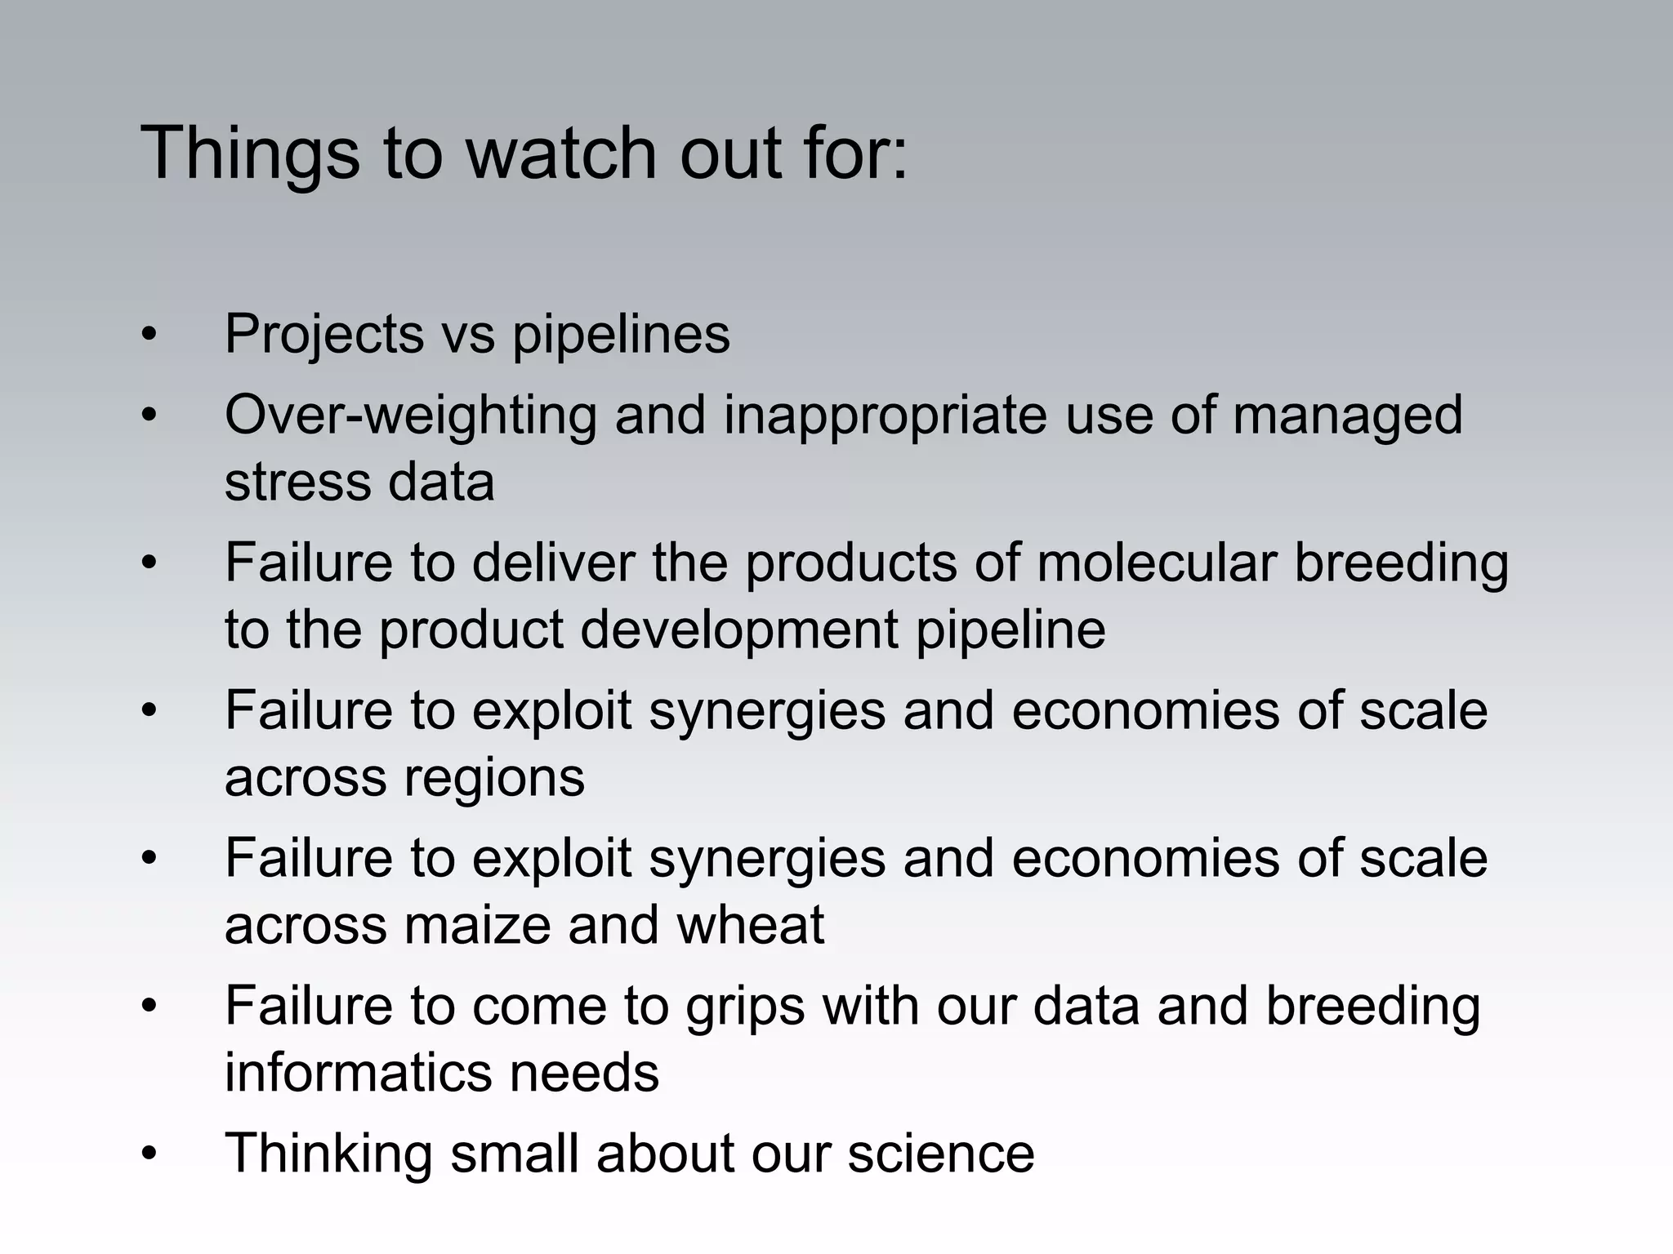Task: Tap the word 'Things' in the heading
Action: point(250,155)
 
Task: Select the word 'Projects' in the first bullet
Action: point(324,335)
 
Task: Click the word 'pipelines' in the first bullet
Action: point(621,335)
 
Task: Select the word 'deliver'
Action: point(553,563)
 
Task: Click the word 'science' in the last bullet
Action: point(940,1154)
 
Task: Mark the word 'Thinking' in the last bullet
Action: point(328,1154)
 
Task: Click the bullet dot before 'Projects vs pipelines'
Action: point(148,336)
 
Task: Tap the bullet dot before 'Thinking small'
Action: point(148,1154)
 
